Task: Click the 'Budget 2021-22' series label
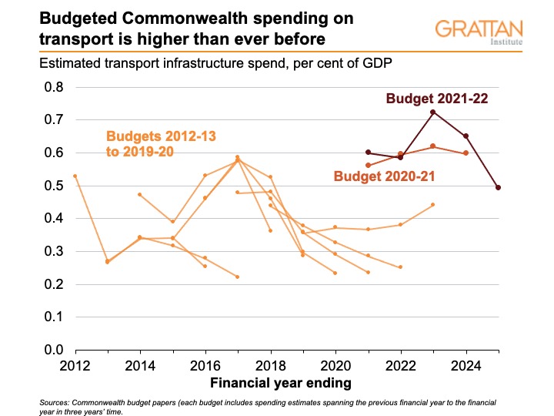click(x=437, y=99)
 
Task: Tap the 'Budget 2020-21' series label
click(x=385, y=176)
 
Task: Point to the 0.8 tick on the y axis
click(x=52, y=87)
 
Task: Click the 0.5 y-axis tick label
click(x=52, y=186)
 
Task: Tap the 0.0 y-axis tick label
click(x=52, y=350)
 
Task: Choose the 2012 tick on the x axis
click(x=75, y=364)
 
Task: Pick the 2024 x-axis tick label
click(x=466, y=364)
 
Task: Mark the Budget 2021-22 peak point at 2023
click(x=433, y=112)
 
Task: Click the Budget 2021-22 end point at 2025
click(x=499, y=187)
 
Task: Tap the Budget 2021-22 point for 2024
click(x=466, y=136)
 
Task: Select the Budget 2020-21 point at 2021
click(x=369, y=166)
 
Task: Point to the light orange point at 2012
click(x=75, y=176)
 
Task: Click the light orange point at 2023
click(x=433, y=204)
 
